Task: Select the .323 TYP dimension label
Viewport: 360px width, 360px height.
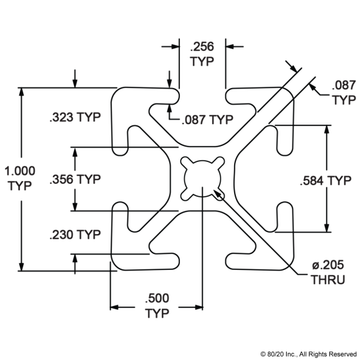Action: (x=74, y=118)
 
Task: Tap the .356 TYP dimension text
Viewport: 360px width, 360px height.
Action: (x=74, y=180)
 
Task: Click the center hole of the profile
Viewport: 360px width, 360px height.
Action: (x=204, y=181)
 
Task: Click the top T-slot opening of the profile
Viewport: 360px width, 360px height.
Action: (x=204, y=100)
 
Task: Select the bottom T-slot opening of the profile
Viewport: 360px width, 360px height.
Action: (x=204, y=262)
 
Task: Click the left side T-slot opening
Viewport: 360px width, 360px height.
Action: (x=120, y=181)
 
